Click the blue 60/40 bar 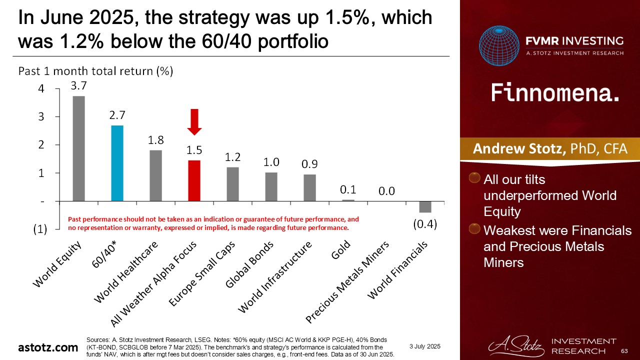(117, 163)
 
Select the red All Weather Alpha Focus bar (194, 180)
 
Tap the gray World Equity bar (79, 148)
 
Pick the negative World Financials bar (425, 207)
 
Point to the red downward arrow (194, 122)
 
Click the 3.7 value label (78, 85)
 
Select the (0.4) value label (425, 224)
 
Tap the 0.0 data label (386, 191)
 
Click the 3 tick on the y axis (41, 116)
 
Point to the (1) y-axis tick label (40, 229)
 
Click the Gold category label (340, 249)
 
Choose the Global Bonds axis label (249, 264)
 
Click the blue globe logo (499, 45)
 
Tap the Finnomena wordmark (555, 92)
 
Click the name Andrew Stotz (519, 148)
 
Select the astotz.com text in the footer (48, 347)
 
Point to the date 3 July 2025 (425, 346)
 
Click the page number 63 (624, 351)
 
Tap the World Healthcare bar (155, 175)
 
